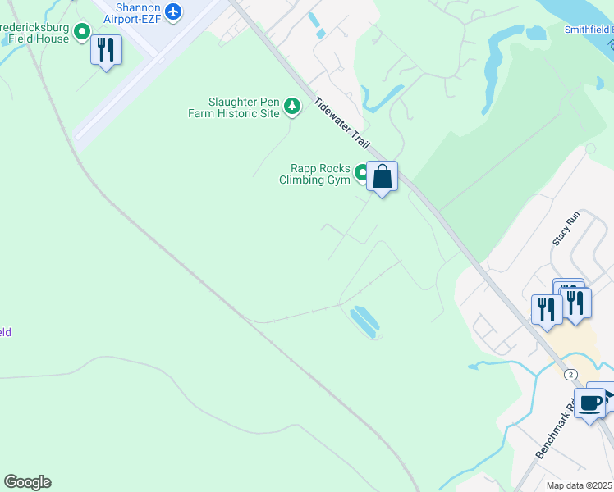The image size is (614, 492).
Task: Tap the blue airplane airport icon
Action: point(172,11)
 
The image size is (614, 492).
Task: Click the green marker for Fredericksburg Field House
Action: point(82,32)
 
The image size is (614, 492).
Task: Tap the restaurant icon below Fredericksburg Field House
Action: point(106,51)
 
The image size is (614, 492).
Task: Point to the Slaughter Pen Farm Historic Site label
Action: point(244,107)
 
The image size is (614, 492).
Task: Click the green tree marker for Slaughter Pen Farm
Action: point(291,105)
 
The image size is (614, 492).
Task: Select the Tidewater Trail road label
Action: point(342,123)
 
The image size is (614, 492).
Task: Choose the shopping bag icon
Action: point(383,176)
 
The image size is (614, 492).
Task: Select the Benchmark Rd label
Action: point(555,430)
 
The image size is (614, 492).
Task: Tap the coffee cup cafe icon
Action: point(589,403)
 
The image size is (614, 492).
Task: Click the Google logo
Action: point(27,482)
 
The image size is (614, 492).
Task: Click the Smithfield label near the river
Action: point(589,30)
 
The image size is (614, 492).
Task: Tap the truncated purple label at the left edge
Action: point(5,332)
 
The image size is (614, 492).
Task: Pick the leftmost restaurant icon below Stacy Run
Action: point(544,310)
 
